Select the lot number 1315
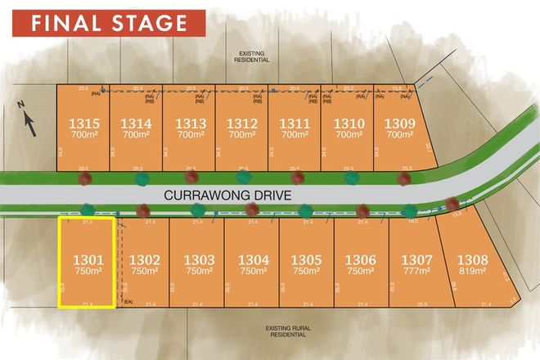(82, 124)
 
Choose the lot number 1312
(241, 124)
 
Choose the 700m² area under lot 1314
(135, 135)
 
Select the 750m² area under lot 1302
(144, 271)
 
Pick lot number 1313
(188, 124)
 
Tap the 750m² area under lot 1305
(306, 271)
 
